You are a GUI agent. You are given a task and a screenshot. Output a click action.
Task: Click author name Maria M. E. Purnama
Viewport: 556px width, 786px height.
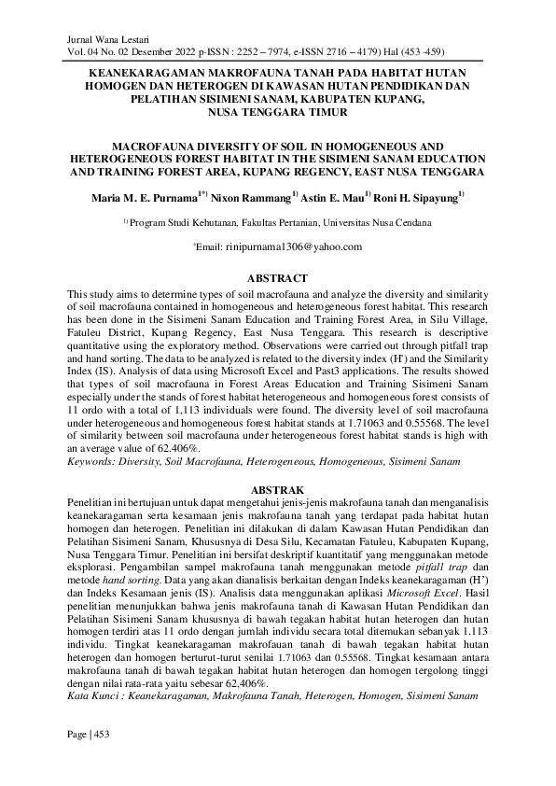click(144, 199)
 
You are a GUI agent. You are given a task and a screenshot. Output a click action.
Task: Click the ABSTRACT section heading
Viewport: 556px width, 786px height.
click(277, 278)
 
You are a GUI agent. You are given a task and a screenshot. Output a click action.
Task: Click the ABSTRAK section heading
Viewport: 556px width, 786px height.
click(277, 488)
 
